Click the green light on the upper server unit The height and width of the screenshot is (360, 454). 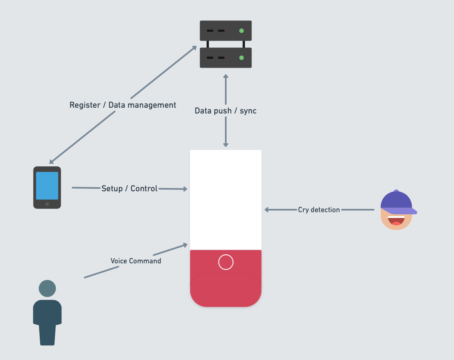tap(241, 31)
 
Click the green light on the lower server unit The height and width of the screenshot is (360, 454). tap(241, 58)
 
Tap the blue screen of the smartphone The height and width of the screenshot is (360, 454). tap(47, 186)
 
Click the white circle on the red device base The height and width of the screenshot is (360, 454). tap(226, 262)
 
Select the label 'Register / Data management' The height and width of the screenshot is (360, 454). tap(123, 105)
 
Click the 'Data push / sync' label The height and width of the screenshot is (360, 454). tap(225, 111)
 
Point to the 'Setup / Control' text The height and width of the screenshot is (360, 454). tap(129, 188)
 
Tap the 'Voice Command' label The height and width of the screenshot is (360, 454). tap(136, 261)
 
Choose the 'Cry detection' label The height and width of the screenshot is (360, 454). tap(319, 210)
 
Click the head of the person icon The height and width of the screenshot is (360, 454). tap(47, 288)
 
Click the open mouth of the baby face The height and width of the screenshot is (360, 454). tap(396, 220)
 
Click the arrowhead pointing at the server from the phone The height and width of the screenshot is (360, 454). tap(194, 48)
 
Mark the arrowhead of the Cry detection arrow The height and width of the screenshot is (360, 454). tap(266, 210)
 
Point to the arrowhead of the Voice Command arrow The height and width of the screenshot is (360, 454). tap(185, 245)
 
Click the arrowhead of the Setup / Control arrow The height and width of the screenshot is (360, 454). tap(185, 189)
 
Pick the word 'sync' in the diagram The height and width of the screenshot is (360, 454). tap(248, 111)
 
